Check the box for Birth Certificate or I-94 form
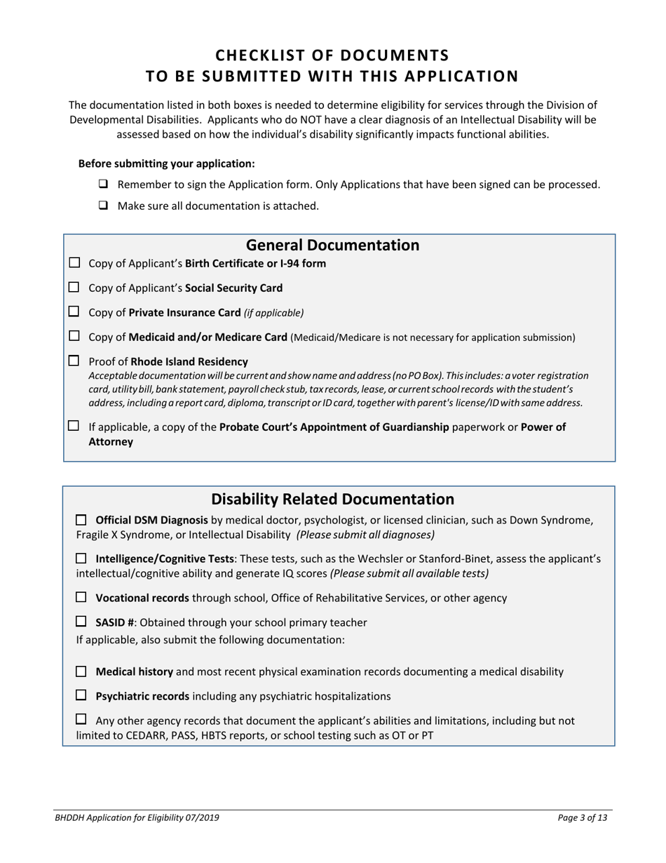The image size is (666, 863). click(x=74, y=263)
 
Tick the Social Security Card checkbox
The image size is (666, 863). click(x=74, y=287)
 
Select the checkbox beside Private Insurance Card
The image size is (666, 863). click(x=74, y=312)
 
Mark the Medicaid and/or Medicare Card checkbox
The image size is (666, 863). click(x=74, y=336)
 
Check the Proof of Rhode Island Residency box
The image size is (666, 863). click(x=74, y=361)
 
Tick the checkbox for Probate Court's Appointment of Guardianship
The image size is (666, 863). click(x=74, y=426)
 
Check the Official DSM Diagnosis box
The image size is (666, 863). click(x=81, y=520)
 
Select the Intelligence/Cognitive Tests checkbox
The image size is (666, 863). click(x=81, y=558)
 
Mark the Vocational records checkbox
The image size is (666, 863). click(x=81, y=597)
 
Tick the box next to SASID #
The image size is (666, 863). click(x=81, y=622)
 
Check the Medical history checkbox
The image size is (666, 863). click(x=81, y=671)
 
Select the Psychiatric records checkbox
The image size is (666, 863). click(x=81, y=695)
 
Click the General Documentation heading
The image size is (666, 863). click(x=332, y=246)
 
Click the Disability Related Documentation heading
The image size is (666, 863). click(x=332, y=500)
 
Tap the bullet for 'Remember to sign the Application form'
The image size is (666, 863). click(x=104, y=185)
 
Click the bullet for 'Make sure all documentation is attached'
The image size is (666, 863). click(x=104, y=206)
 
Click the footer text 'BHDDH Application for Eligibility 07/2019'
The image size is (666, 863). click(x=141, y=817)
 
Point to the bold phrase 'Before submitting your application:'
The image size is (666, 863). click(x=166, y=163)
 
